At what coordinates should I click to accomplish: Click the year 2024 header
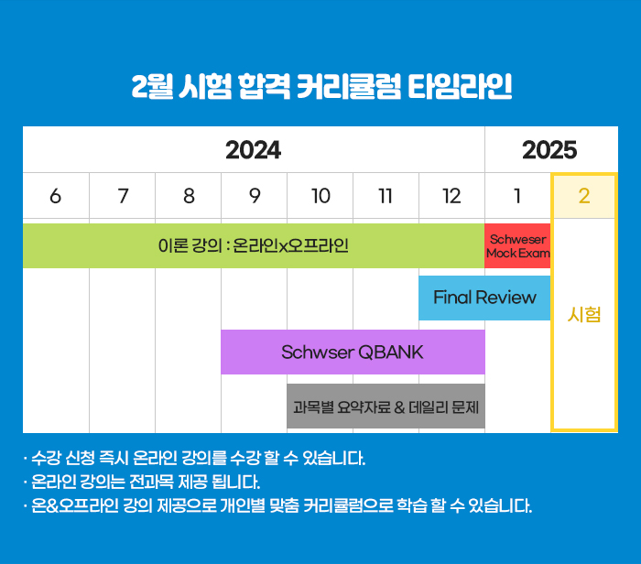(x=254, y=150)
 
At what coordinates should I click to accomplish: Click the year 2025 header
(x=549, y=150)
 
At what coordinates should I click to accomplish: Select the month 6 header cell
(x=56, y=196)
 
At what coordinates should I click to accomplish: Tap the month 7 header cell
(x=122, y=196)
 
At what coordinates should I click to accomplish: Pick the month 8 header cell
(x=189, y=196)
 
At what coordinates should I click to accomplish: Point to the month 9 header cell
(x=255, y=196)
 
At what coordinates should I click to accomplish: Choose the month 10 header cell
(x=320, y=196)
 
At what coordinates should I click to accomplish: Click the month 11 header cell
(x=386, y=196)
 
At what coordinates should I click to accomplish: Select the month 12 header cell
(x=451, y=196)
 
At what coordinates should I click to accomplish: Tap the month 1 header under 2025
(x=517, y=196)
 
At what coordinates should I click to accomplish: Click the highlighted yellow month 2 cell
(x=584, y=196)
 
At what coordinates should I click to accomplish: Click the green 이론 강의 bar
(x=254, y=245)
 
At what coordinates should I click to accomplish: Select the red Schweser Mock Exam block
(x=517, y=245)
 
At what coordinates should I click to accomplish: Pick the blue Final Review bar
(x=484, y=298)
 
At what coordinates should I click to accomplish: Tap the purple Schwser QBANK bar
(x=353, y=352)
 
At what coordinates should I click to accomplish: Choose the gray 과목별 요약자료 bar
(x=386, y=406)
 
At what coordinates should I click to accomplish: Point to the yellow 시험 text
(x=584, y=315)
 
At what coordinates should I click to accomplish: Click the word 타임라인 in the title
(x=460, y=86)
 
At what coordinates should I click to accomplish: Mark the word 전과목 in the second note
(x=151, y=482)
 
